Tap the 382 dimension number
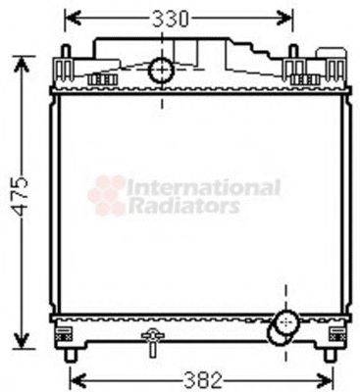pos(204,378)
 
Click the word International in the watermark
pos(204,186)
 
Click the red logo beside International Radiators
pos(107,195)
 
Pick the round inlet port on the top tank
pos(160,71)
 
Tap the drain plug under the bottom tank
pos(150,344)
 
